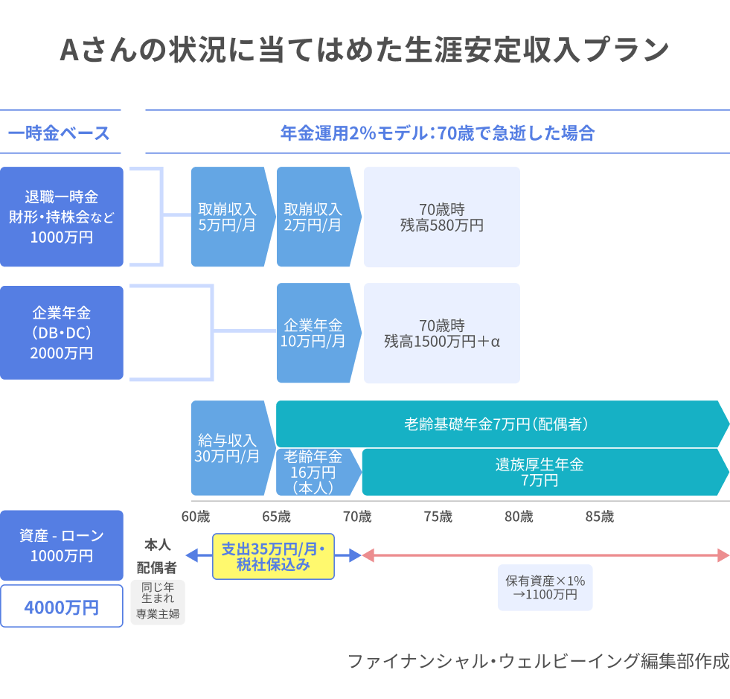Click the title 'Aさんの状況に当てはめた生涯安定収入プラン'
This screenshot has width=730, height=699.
click(365, 51)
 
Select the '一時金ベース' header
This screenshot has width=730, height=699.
click(60, 133)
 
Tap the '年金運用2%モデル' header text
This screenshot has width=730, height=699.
click(438, 133)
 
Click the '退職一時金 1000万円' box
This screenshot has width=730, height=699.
click(62, 217)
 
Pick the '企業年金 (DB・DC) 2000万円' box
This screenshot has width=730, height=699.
click(62, 333)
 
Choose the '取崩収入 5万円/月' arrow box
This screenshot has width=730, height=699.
click(229, 217)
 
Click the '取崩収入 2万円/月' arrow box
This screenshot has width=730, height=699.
click(315, 217)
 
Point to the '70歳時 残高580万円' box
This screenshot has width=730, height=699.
click(442, 217)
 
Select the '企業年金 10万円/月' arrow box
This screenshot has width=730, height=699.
click(315, 333)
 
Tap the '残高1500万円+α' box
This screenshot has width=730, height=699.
click(442, 333)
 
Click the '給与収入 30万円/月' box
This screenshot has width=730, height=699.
click(229, 448)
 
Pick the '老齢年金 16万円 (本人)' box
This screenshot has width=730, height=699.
click(315, 472)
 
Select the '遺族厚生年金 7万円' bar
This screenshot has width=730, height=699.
click(540, 472)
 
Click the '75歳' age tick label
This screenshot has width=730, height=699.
click(438, 517)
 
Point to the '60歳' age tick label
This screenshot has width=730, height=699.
click(196, 517)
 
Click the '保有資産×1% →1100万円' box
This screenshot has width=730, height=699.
click(545, 587)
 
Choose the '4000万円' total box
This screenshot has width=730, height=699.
click(62, 607)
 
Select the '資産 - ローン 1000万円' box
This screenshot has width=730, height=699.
click(62, 546)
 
